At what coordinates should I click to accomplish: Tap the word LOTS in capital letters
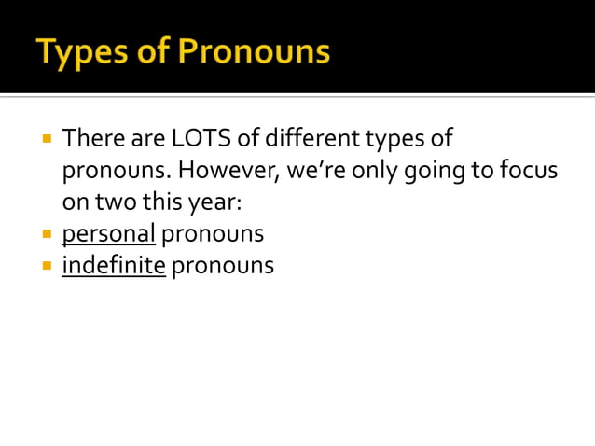click(x=195, y=140)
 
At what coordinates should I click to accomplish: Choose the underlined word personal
click(x=108, y=233)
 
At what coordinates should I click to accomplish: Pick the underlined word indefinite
click(x=114, y=265)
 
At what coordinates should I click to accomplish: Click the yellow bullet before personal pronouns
click(x=46, y=233)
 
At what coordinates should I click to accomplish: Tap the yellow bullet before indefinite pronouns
click(x=46, y=265)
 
